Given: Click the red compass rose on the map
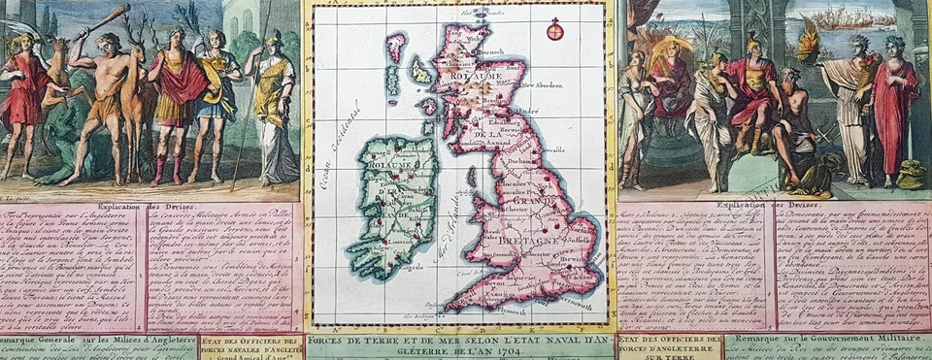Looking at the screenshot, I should tap(554, 31).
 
